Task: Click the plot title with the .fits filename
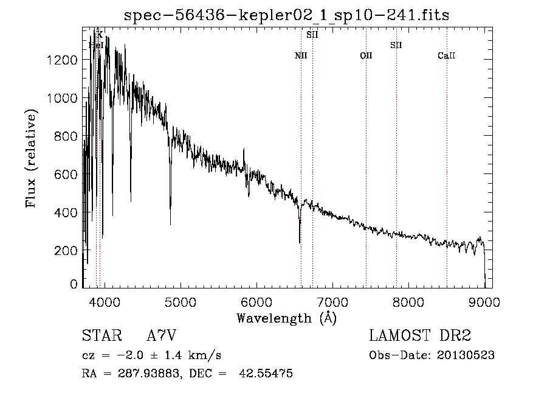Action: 286,15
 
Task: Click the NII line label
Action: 301,56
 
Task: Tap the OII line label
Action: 366,56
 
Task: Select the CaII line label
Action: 447,56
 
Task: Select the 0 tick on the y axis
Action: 74,284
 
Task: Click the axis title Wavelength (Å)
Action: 286,318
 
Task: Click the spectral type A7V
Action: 161,336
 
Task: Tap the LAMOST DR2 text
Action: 420,336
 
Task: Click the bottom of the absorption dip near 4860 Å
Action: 170,224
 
